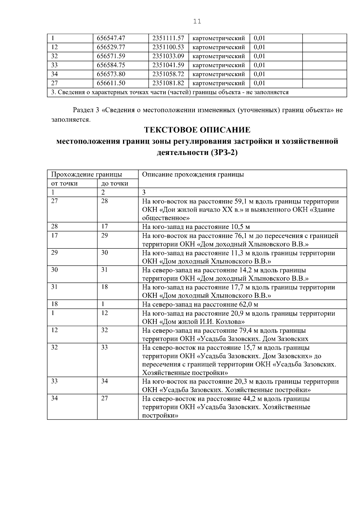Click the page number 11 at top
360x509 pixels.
(197, 22)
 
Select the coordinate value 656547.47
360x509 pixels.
(111, 38)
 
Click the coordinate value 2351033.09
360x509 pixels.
(168, 56)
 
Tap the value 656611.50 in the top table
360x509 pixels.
(111, 83)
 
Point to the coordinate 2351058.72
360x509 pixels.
(168, 74)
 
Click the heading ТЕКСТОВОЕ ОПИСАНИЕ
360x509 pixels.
(197, 130)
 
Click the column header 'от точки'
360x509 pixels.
(64, 183)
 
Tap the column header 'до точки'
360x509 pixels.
(115, 183)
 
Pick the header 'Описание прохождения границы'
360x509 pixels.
(193, 174)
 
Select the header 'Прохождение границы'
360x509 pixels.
(86, 174)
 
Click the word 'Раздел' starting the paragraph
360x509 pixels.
(83, 110)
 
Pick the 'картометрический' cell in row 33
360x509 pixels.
(218, 65)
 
